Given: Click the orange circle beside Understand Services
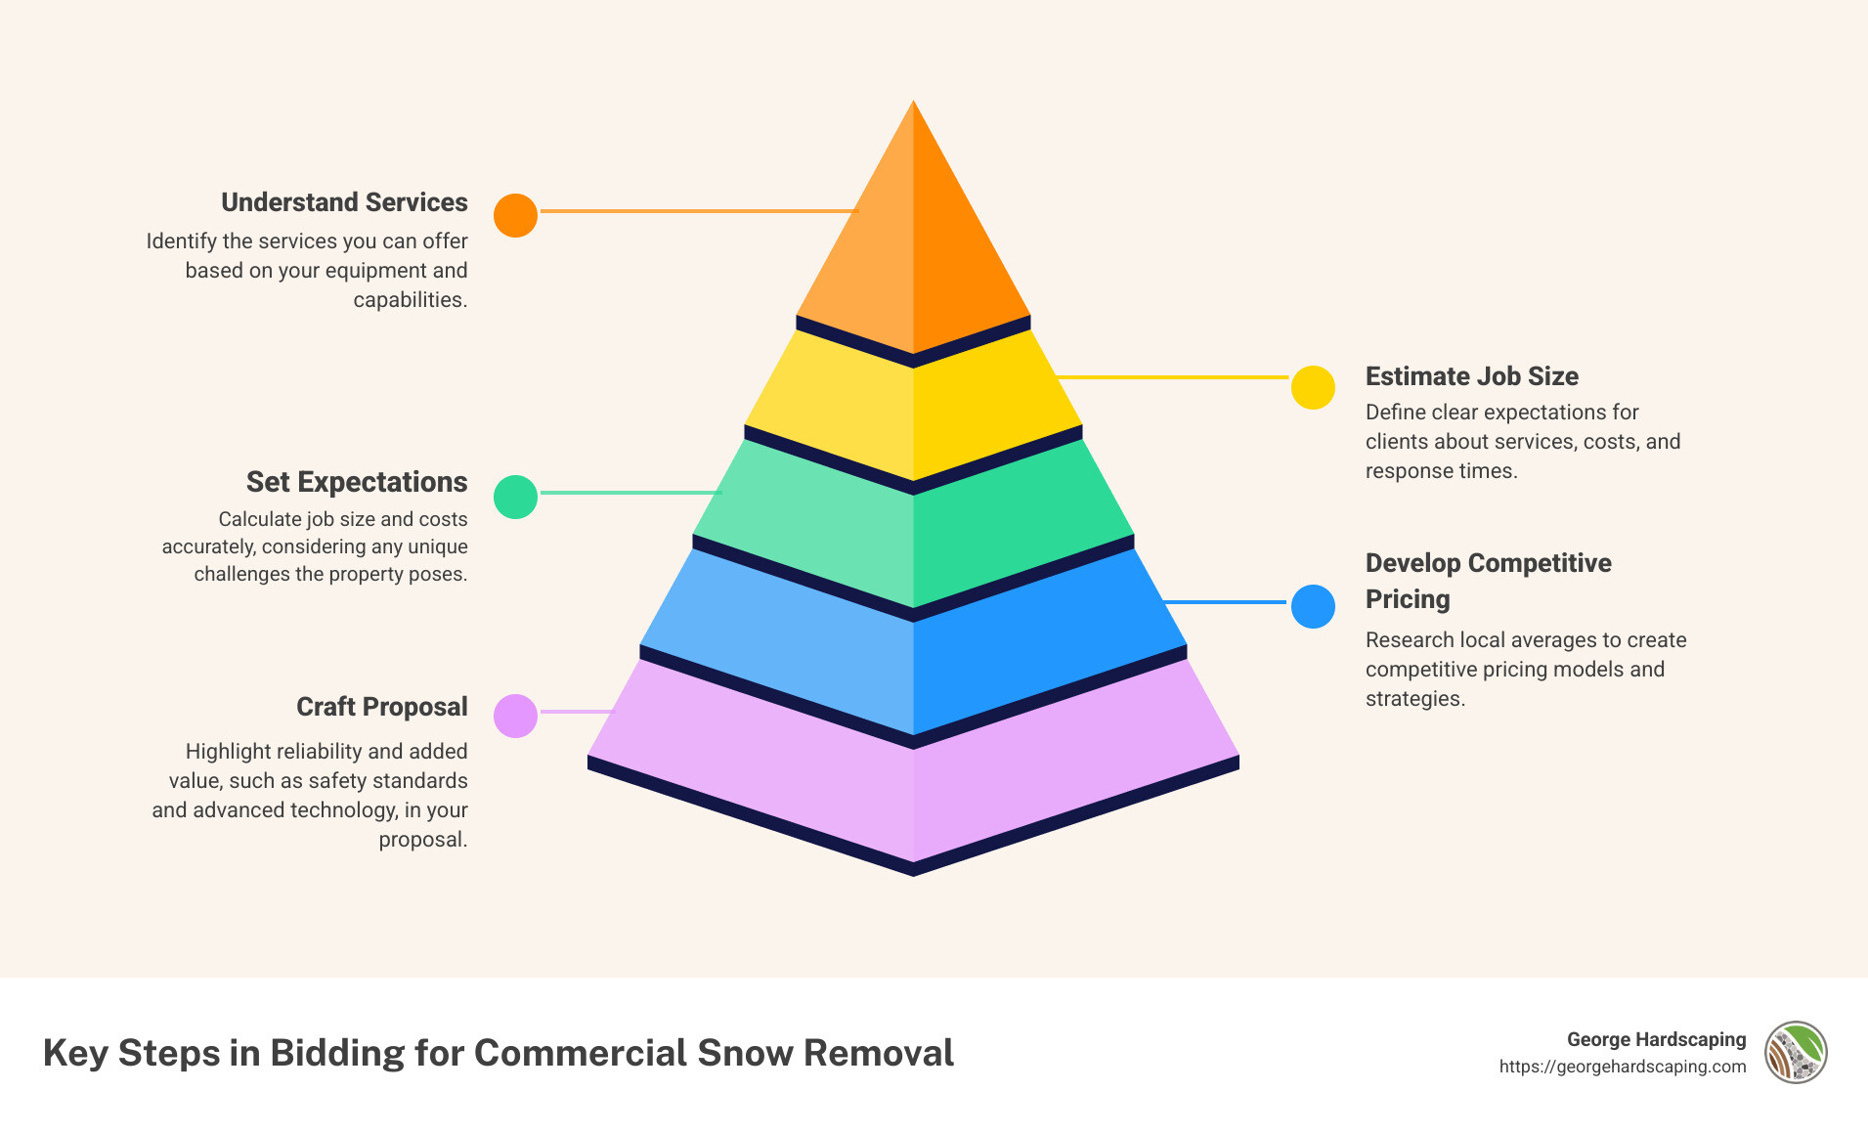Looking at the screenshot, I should coord(515,215).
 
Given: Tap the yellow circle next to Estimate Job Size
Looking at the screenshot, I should coord(1313,387).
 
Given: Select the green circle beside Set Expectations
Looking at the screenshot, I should coord(515,497).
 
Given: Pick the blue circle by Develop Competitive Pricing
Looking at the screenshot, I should coord(1313,606).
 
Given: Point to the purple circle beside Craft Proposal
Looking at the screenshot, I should coord(515,716).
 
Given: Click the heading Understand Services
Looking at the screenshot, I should coord(344,202).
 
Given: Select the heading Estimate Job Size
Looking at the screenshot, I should coord(1471,376).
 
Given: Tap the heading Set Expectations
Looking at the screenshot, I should coord(357,482).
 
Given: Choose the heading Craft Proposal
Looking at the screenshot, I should coord(381,707).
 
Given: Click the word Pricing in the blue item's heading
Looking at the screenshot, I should coord(1408,599).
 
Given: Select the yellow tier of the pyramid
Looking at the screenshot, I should coord(913,411).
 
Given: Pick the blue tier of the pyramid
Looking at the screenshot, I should coord(913,665).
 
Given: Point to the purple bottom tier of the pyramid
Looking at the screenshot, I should coord(913,792).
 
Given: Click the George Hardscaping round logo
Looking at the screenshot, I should coord(1796,1052).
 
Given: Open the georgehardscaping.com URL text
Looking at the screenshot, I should coord(1622,1067).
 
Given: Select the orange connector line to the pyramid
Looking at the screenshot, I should coord(698,210).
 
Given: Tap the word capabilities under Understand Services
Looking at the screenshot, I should coord(410,300).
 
